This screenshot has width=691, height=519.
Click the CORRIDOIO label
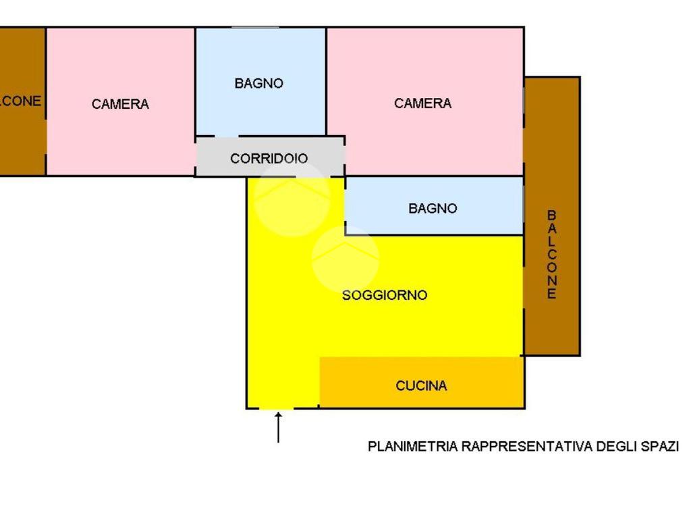click(x=269, y=159)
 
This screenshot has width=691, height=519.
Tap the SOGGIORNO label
click(x=385, y=295)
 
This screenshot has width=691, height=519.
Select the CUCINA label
click(x=421, y=386)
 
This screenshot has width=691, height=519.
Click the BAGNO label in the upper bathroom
click(x=258, y=84)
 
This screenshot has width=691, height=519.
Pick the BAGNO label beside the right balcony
click(x=433, y=209)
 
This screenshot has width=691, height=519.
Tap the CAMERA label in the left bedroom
click(x=120, y=104)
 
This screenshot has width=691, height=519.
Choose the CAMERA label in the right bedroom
click(x=422, y=103)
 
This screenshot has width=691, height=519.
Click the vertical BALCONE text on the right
click(x=552, y=254)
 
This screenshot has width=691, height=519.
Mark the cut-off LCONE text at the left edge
click(x=21, y=101)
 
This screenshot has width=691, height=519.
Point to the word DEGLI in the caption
click(x=613, y=447)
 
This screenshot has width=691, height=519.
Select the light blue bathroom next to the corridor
click(x=260, y=108)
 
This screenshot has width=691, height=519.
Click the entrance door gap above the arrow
click(x=277, y=408)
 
